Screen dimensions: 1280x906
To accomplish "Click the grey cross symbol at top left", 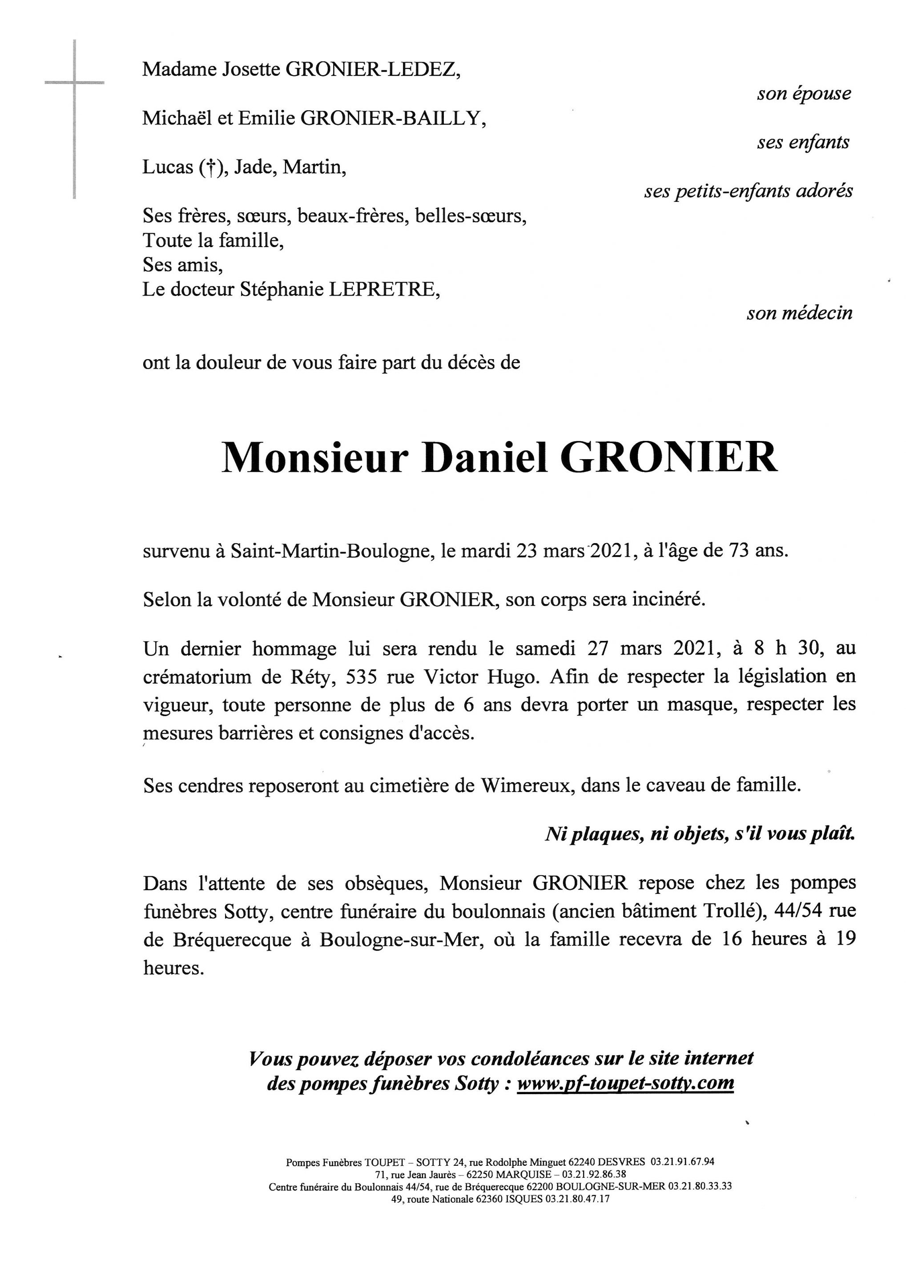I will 74,84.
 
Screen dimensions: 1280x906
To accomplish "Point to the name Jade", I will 253,167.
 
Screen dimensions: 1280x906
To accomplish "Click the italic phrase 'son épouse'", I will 803,94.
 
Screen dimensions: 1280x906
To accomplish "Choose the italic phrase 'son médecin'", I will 799,313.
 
